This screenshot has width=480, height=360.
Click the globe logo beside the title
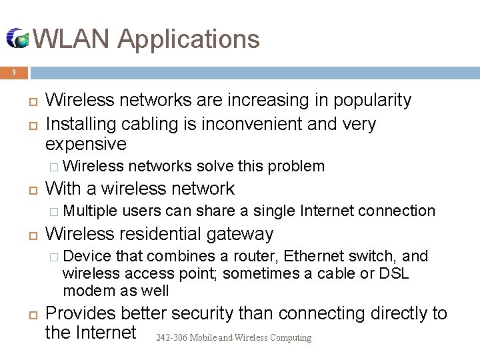tap(17, 39)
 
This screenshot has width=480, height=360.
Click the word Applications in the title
tap(189, 39)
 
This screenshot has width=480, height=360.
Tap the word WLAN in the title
tap(71, 39)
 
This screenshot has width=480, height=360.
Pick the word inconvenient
tap(253, 125)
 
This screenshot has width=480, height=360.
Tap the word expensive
tap(85, 145)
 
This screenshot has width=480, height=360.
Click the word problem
tap(297, 166)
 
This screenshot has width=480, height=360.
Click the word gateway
tap(240, 234)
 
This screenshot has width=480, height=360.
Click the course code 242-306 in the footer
tap(171, 338)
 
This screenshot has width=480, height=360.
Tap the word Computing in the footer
tap(292, 338)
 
